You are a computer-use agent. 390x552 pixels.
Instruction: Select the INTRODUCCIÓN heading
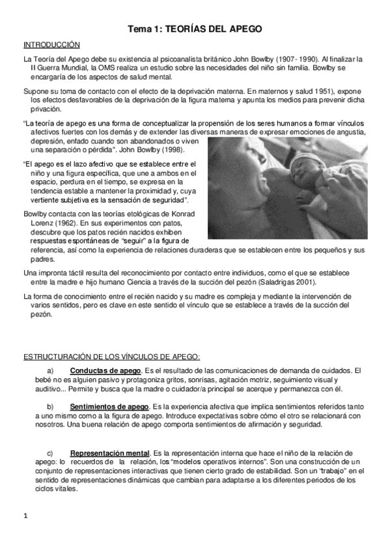(x=51, y=45)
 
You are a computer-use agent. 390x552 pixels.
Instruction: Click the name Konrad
(x=184, y=214)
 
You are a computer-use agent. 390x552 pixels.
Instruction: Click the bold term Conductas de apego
(x=104, y=370)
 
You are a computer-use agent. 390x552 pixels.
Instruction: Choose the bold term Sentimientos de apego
(x=109, y=407)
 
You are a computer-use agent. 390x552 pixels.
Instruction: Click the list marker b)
(x=42, y=407)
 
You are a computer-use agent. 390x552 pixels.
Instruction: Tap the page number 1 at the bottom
(x=25, y=517)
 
